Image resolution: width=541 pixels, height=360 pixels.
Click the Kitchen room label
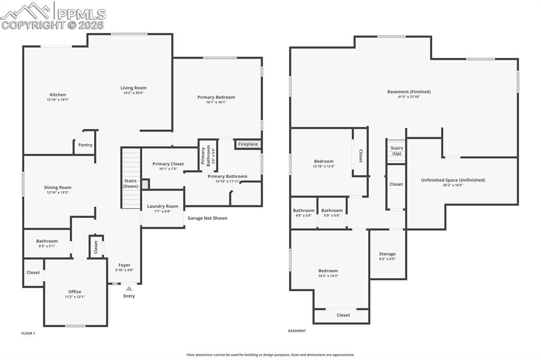[x=58, y=95]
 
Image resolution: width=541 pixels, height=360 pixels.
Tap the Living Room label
[x=133, y=88]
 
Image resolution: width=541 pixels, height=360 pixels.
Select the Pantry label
[x=85, y=145]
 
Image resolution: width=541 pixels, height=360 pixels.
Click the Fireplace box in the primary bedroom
[x=248, y=144]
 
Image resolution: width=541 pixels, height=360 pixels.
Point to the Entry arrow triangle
[x=129, y=288]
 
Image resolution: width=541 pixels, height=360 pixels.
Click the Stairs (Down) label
[x=130, y=184]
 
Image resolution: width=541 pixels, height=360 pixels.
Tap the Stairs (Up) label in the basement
[x=397, y=150]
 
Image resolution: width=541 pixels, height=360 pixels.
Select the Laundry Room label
[x=163, y=206]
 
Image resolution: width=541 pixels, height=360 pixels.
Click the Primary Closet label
[x=168, y=164]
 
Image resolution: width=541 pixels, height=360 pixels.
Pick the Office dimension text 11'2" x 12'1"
[x=74, y=297]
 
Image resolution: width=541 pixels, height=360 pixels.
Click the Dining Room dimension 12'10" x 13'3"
[x=58, y=193]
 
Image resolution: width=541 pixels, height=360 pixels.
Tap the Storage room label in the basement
[x=387, y=254]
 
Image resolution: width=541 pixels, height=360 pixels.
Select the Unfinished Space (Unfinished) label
[x=453, y=180]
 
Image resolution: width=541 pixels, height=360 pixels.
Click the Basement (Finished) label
[x=409, y=92]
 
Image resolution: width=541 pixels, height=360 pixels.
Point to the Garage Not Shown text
[x=207, y=218]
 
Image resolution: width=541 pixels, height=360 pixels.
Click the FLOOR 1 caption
[x=28, y=334]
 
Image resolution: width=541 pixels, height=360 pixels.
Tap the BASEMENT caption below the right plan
[x=297, y=331]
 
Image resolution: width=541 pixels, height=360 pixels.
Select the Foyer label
[x=124, y=265]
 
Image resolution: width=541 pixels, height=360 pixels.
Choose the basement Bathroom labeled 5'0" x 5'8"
[x=332, y=211]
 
